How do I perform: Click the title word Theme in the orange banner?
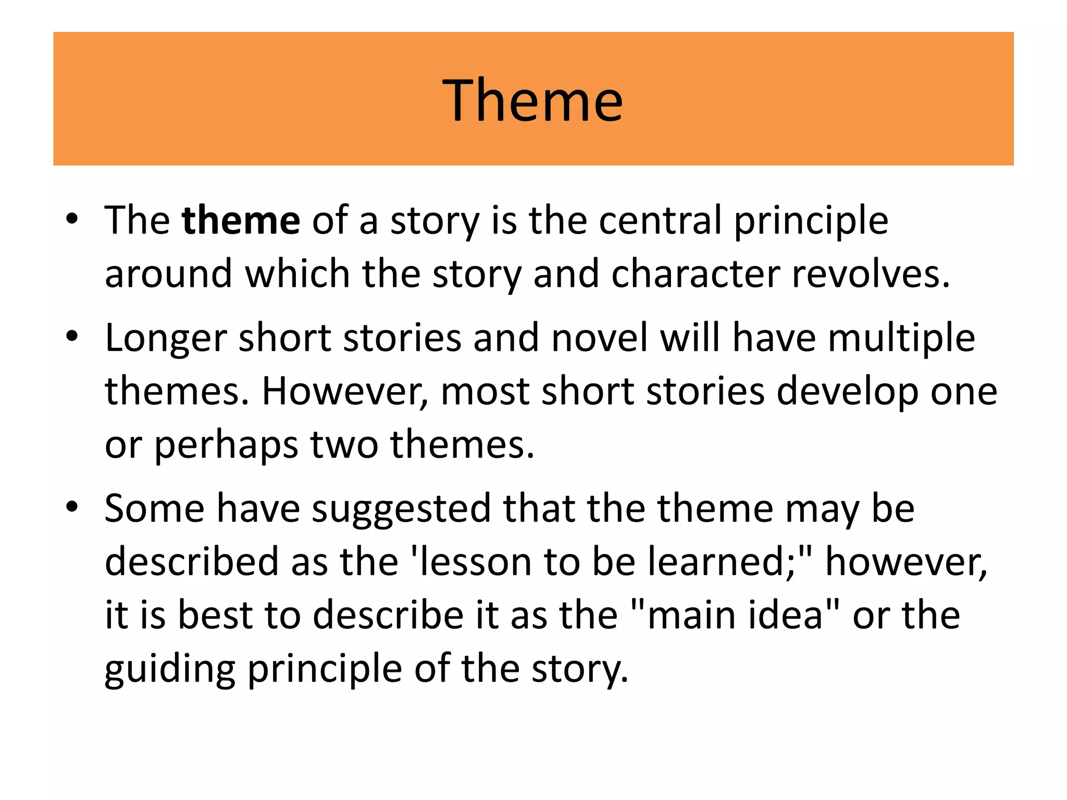click(x=532, y=100)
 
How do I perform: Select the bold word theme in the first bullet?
click(x=241, y=220)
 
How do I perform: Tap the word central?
click(x=660, y=220)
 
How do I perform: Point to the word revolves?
click(x=870, y=274)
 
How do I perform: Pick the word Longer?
click(x=166, y=339)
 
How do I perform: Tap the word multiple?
click(x=901, y=339)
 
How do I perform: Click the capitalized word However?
click(x=344, y=392)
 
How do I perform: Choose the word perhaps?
click(x=226, y=446)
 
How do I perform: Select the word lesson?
click(x=475, y=562)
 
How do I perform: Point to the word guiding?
click(x=170, y=670)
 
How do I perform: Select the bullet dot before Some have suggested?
click(x=72, y=506)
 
